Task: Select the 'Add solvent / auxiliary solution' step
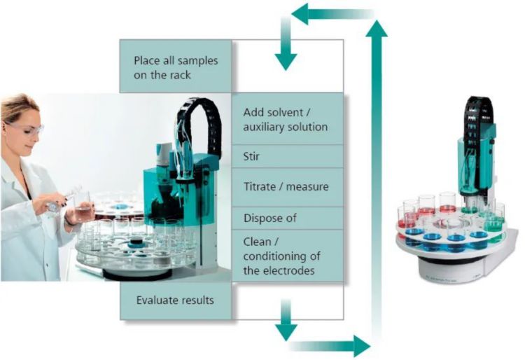tap(287, 119)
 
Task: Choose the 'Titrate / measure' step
tap(287, 187)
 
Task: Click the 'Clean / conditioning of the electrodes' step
tap(287, 256)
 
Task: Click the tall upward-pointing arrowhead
tap(378, 29)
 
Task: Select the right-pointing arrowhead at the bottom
tap(361, 345)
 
